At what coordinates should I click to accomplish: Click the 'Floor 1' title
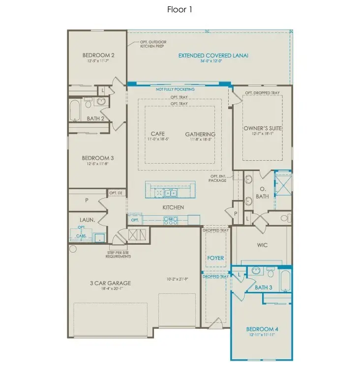180,9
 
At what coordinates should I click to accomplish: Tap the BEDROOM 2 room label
98,55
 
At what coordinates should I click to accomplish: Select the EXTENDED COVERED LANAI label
213,56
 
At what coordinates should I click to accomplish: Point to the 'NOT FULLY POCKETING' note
175,89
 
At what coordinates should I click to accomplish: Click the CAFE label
157,134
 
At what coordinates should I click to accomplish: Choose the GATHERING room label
200,134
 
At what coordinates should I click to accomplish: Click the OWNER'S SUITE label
262,128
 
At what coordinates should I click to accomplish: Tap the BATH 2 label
95,118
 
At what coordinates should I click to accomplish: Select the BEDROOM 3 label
98,158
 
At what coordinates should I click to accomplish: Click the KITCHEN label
173,207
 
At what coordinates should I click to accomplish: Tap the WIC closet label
262,245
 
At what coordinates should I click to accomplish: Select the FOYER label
215,258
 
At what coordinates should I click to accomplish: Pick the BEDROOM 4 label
261,329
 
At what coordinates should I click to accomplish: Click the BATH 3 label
264,287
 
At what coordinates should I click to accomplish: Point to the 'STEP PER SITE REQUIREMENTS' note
120,255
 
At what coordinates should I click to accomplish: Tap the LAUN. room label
87,220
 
